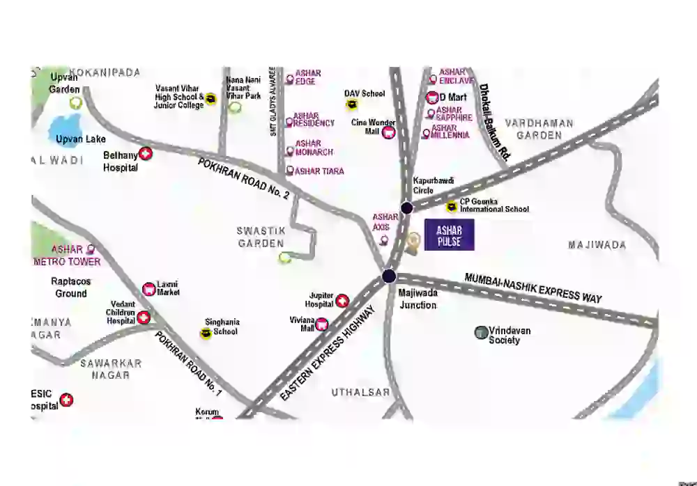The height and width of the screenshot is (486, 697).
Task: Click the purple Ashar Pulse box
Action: coord(449,235)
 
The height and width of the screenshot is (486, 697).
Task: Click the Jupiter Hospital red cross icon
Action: coord(342,301)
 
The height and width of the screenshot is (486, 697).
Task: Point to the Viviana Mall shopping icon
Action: coord(322,324)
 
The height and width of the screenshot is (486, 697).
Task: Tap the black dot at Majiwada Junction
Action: coord(389,276)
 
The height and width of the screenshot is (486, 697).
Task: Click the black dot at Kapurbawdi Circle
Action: coord(407,207)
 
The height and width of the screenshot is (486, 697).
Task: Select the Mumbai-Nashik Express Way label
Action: coord(533,286)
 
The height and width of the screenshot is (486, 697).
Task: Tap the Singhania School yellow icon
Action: coord(206,334)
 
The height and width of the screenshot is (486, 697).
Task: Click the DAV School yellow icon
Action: coord(353,104)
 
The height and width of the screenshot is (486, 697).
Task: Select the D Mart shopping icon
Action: coord(432,97)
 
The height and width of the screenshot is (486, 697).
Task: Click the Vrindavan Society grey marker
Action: coord(480,333)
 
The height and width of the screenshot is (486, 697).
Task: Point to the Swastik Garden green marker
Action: coord(284,258)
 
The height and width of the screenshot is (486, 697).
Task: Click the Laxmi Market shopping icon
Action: coord(148,288)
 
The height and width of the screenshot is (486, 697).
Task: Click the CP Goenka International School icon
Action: coord(452,206)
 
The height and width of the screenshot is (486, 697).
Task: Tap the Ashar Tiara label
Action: coord(319,171)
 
